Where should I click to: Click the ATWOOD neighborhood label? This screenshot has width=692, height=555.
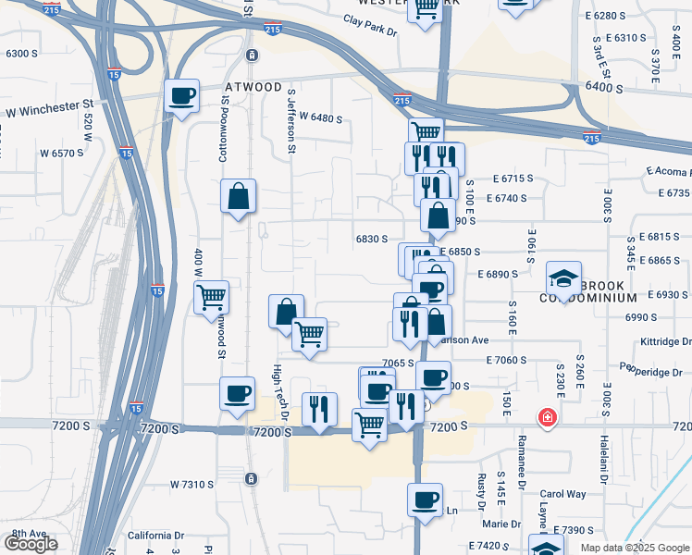(x=253, y=88)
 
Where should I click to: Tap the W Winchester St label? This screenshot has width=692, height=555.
(x=51, y=112)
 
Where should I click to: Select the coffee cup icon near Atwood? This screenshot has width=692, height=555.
(x=181, y=95)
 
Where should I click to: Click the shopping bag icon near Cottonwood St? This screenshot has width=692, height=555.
(x=239, y=196)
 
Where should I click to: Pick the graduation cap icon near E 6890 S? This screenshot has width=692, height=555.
(x=562, y=278)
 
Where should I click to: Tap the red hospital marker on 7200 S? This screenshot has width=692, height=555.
(x=549, y=418)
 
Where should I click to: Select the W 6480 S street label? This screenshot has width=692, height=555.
(x=320, y=119)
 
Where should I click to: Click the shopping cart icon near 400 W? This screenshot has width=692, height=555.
(x=212, y=298)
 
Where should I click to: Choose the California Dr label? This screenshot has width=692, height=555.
(x=155, y=536)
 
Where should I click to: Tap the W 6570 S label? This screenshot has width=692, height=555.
(x=60, y=153)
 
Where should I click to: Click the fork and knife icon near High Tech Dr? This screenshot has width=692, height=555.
(x=319, y=408)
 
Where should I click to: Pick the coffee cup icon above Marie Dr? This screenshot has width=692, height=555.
(x=425, y=499)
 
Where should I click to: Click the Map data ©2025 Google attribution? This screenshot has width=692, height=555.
(x=634, y=548)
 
